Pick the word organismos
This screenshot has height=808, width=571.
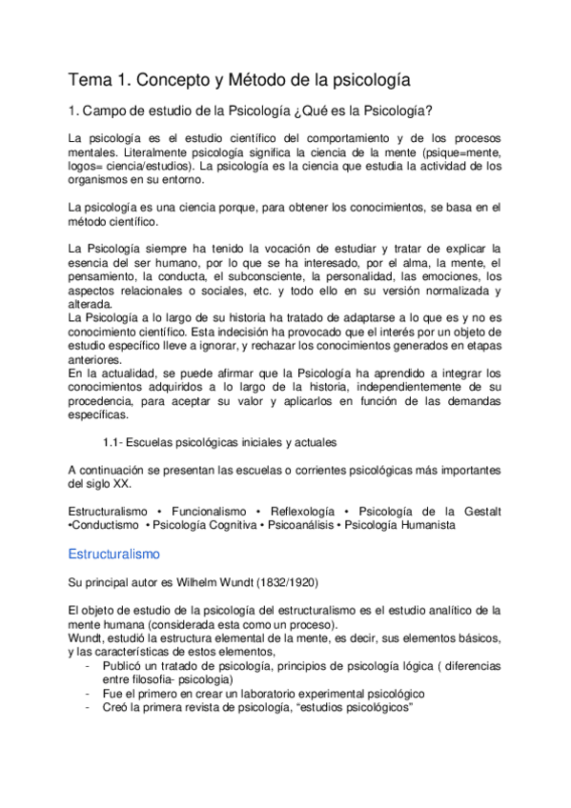105,178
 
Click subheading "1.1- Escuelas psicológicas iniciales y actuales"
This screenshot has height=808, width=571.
218,442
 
